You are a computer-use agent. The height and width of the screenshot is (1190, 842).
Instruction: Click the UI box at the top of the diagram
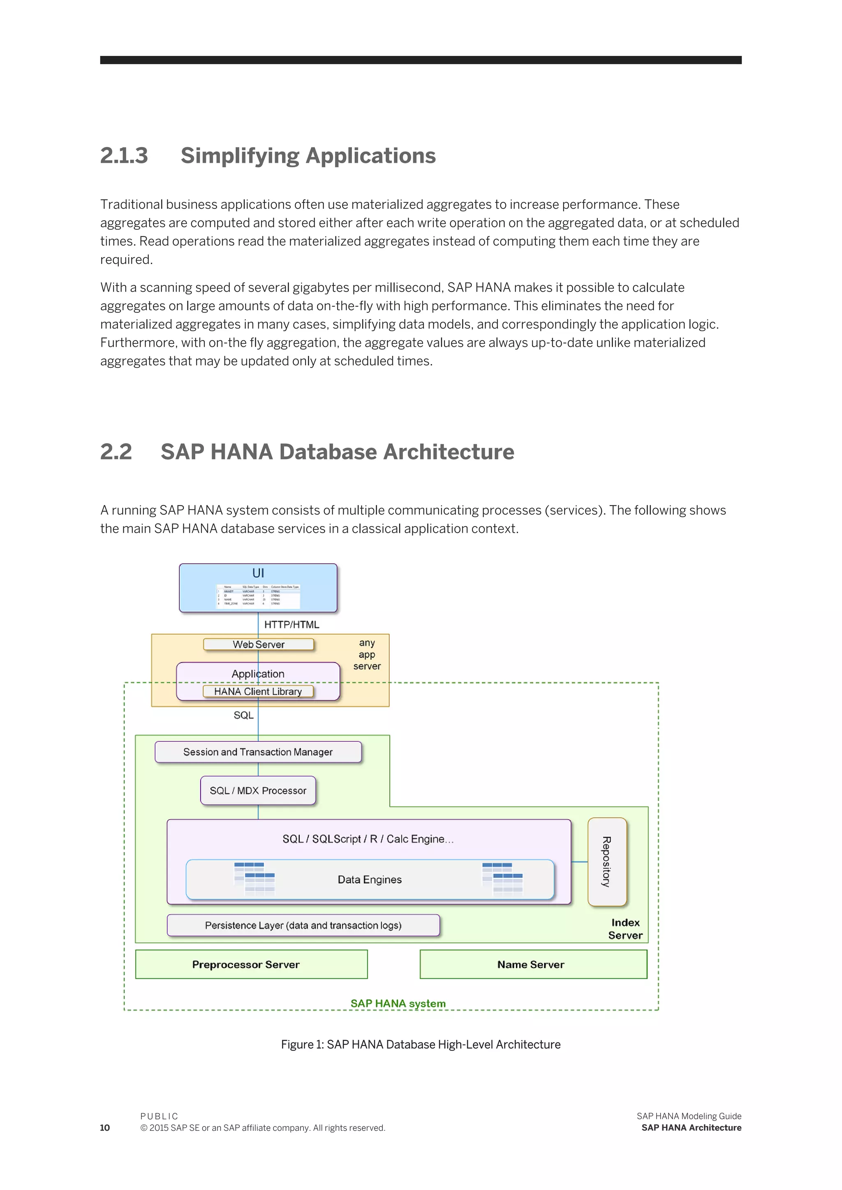[x=258, y=587]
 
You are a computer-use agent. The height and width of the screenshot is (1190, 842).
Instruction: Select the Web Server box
[x=258, y=644]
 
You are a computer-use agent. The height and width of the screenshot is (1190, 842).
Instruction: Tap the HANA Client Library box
[x=258, y=692]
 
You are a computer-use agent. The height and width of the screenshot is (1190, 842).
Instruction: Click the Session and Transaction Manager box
[x=258, y=752]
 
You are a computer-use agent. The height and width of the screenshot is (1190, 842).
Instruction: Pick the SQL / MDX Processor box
[x=258, y=791]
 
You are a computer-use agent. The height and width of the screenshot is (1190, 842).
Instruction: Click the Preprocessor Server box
[x=246, y=964]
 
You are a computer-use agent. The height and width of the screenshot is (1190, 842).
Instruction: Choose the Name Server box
[x=530, y=964]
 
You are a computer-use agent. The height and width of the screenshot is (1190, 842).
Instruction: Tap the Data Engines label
[x=369, y=879]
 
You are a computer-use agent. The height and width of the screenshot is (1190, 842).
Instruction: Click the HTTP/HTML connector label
[x=291, y=625]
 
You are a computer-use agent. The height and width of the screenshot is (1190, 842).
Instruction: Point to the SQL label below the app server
[x=243, y=715]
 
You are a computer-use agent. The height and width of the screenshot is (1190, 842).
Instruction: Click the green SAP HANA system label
[x=398, y=1003]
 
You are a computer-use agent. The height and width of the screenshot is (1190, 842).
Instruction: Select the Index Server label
[x=625, y=929]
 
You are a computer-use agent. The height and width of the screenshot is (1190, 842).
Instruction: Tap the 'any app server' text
[x=367, y=654]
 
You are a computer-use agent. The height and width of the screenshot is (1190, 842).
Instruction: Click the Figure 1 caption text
[x=421, y=1045]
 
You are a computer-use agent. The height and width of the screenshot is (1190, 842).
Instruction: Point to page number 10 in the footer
[x=105, y=1128]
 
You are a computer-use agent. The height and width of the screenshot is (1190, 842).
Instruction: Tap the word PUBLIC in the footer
[x=159, y=1116]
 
